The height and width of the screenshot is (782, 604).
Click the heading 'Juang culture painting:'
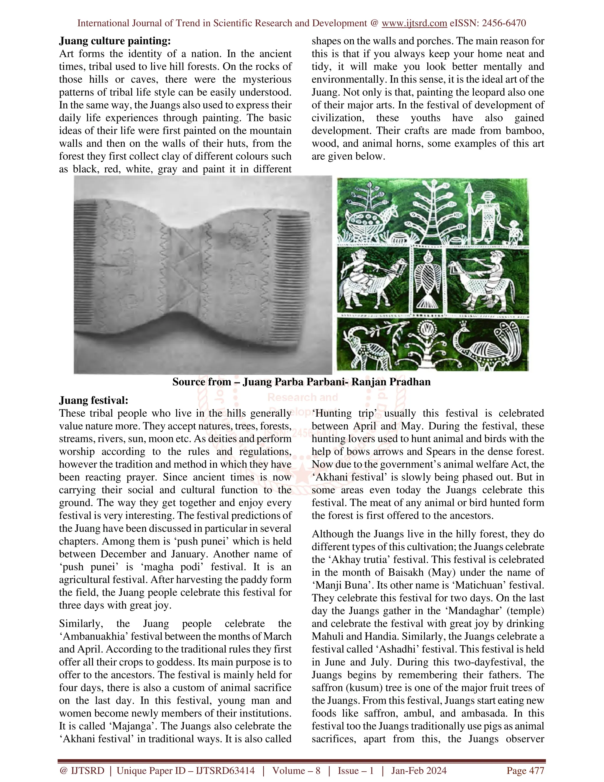click(115, 41)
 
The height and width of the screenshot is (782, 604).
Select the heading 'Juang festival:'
click(93, 400)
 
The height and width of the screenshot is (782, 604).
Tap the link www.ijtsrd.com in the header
click(414, 23)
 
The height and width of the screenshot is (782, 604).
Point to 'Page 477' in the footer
click(525, 770)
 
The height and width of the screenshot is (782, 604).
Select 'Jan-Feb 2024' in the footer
click(419, 770)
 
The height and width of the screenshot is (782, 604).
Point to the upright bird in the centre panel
click(428, 279)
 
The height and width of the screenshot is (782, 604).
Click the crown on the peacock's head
click(464, 325)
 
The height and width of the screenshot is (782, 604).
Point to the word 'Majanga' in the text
click(128, 726)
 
